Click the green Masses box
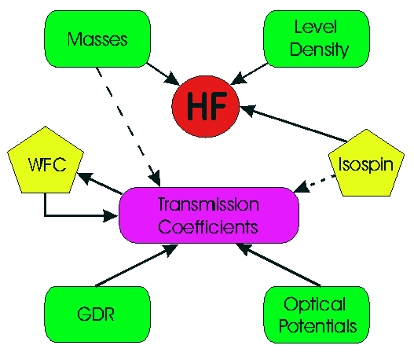(97, 39)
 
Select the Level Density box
(317, 39)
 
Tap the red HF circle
(206, 106)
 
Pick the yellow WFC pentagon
(46, 162)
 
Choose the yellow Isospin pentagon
(366, 164)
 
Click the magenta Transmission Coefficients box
(209, 215)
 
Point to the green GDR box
(97, 314)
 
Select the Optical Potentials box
(317, 314)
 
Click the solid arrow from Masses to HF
(163, 74)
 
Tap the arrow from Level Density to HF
(249, 74)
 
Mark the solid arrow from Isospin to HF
(293, 123)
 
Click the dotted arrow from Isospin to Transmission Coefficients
(314, 183)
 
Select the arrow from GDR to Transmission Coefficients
(137, 266)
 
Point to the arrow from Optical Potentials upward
(278, 265)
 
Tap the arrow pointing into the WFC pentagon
(99, 183)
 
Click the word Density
(319, 50)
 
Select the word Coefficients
(208, 227)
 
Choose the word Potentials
(318, 325)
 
